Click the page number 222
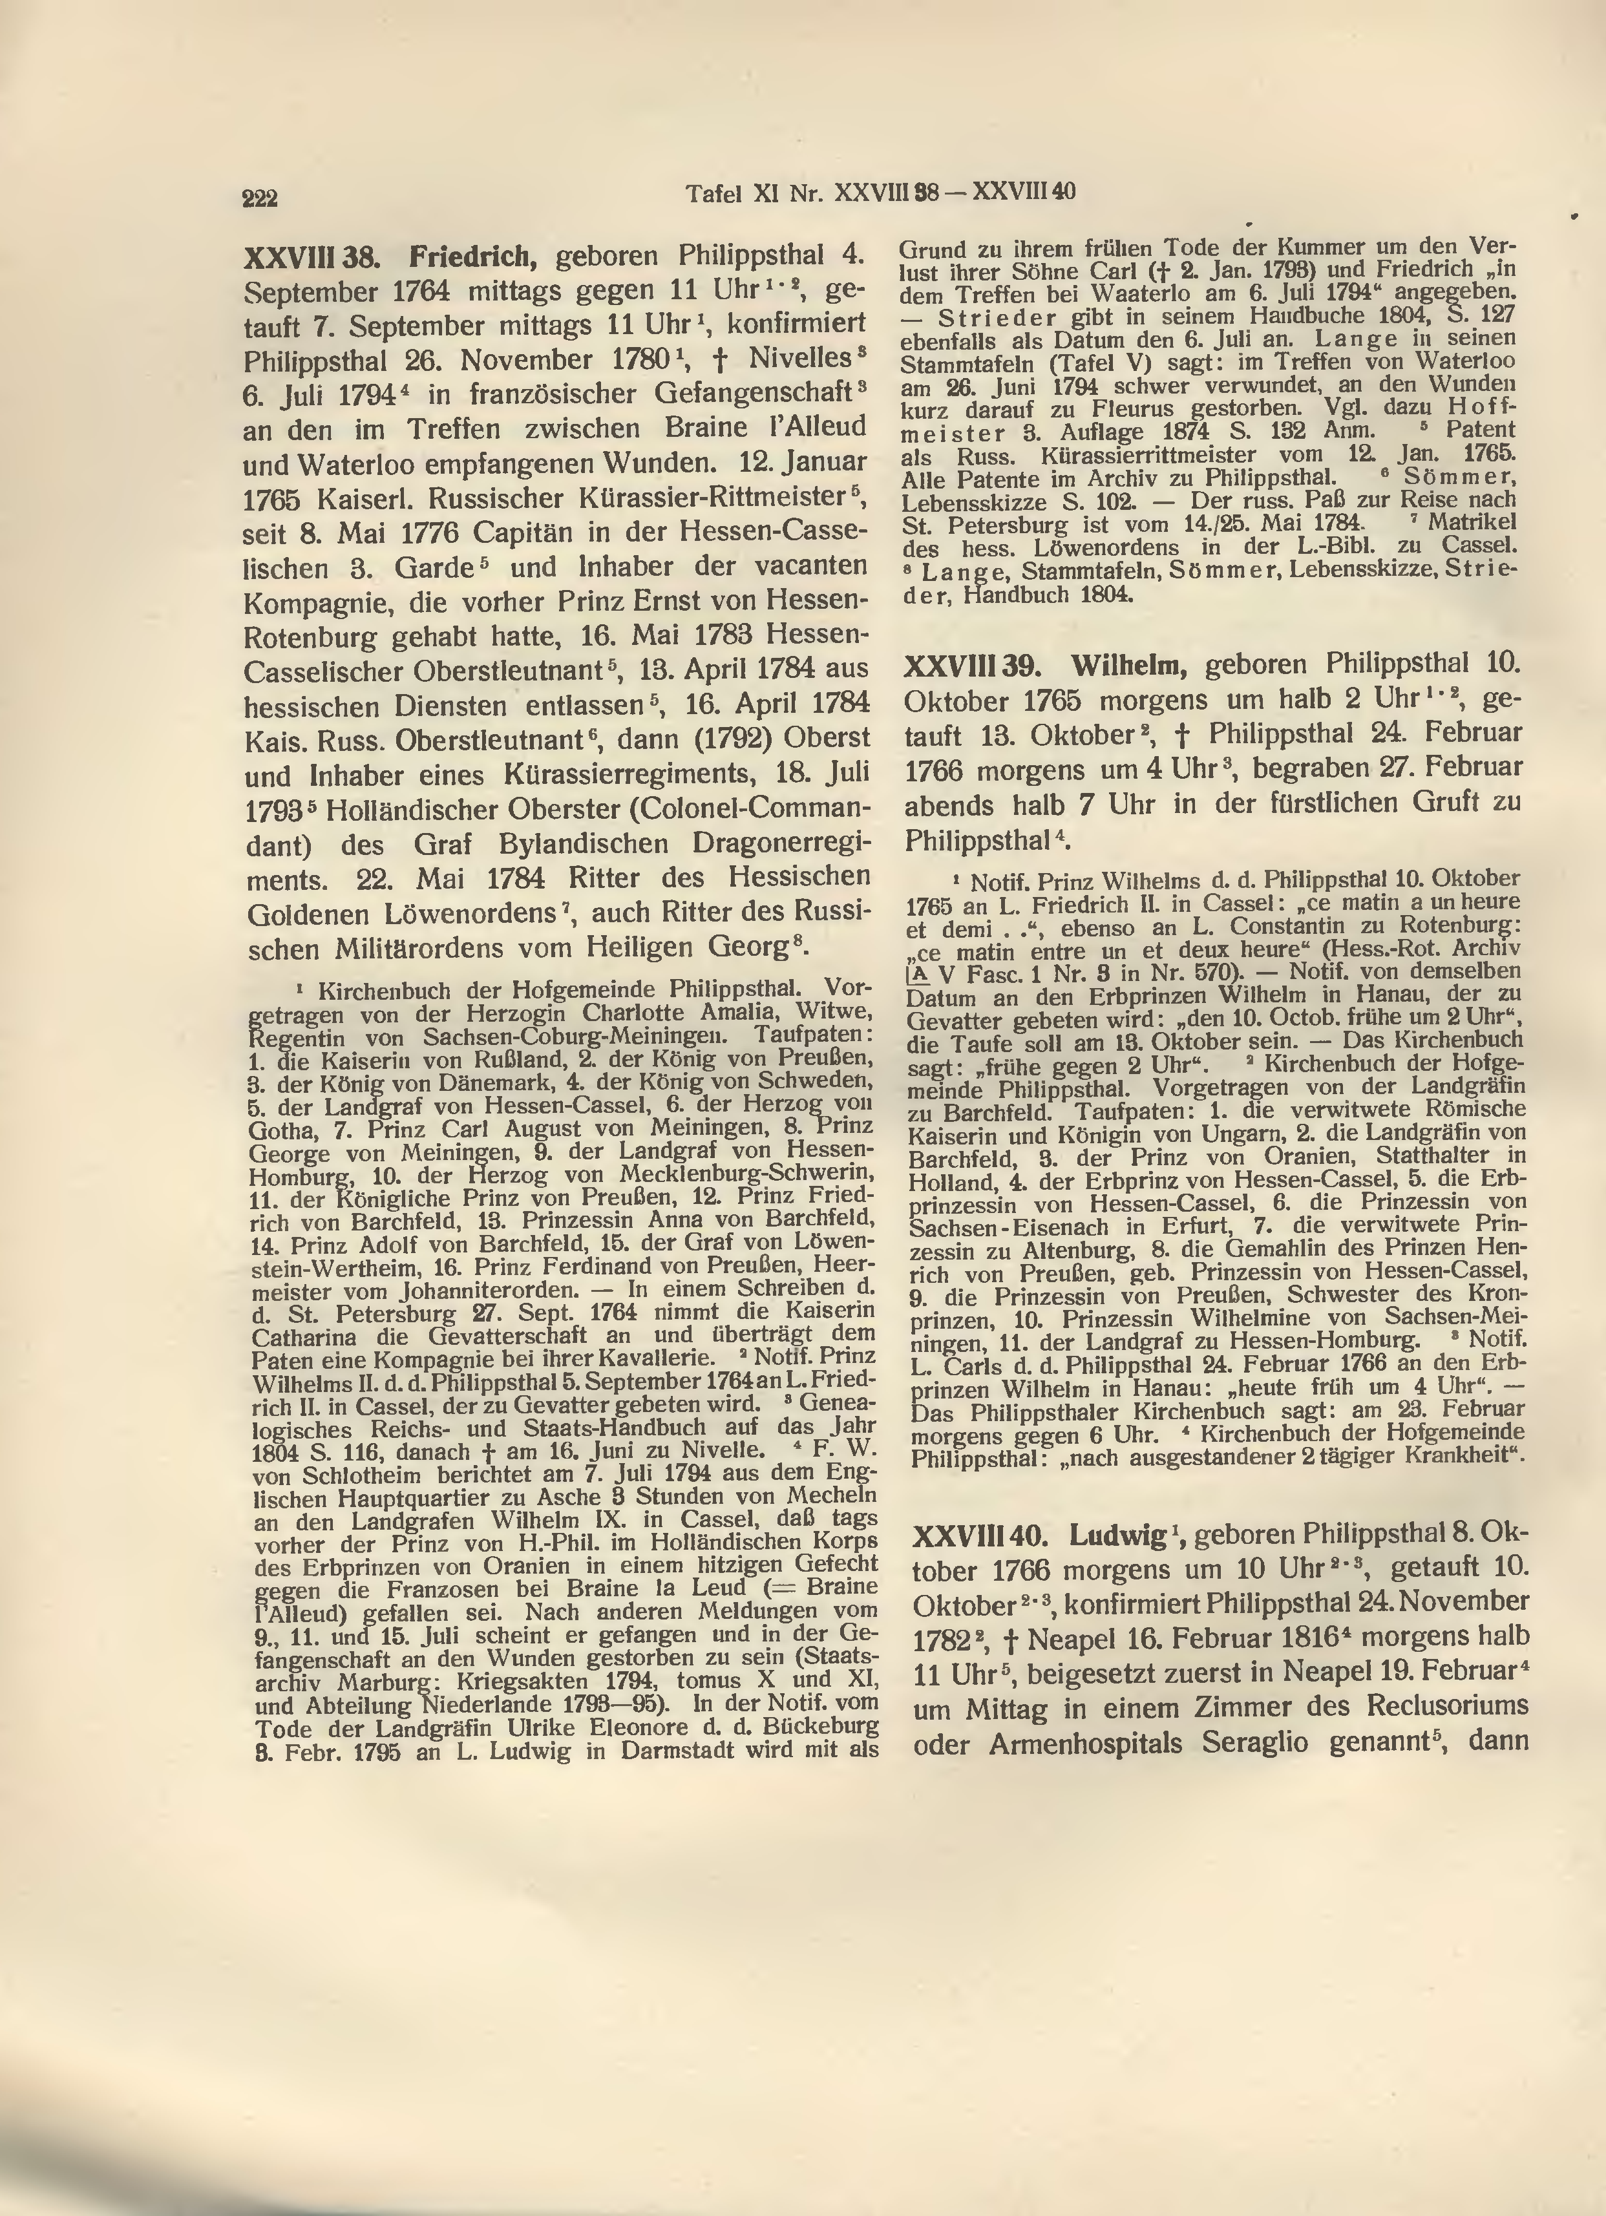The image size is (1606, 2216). [x=261, y=198]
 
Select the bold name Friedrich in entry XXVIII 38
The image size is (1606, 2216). [x=473, y=257]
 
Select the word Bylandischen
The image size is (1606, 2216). [x=583, y=844]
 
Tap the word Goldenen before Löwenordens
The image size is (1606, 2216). [x=309, y=914]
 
